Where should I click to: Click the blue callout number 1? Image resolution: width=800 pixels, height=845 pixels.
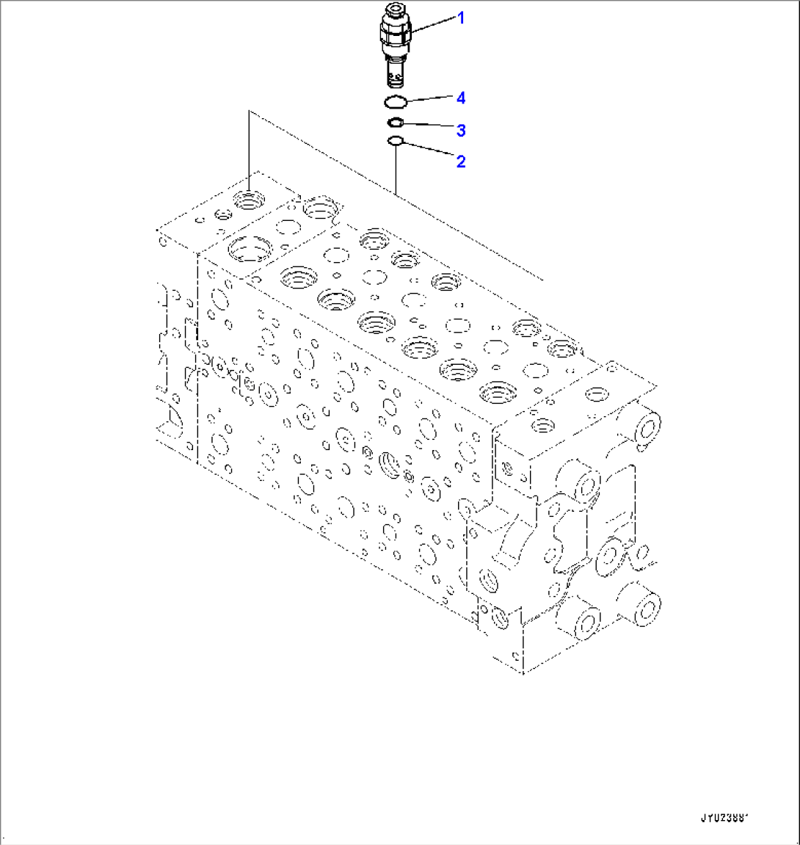click(x=461, y=18)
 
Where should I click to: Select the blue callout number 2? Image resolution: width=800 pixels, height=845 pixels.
click(x=461, y=162)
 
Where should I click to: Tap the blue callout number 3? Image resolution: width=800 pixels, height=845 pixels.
click(x=461, y=131)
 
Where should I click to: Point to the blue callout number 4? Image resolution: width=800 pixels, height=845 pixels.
click(x=461, y=98)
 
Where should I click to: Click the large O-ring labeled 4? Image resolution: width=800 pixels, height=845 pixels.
click(x=396, y=101)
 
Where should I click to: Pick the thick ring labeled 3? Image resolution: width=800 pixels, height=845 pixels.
click(x=396, y=123)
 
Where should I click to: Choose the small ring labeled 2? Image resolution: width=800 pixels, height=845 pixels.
click(x=395, y=141)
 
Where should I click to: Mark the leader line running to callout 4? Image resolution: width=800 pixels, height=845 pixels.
click(x=429, y=98)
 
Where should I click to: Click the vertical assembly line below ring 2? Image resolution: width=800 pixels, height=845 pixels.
click(x=396, y=169)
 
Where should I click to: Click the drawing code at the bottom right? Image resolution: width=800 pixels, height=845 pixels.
click(x=728, y=816)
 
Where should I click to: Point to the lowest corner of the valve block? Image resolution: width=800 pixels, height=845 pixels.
click(x=522, y=672)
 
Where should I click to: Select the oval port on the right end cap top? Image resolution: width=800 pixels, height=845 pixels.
click(x=594, y=395)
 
